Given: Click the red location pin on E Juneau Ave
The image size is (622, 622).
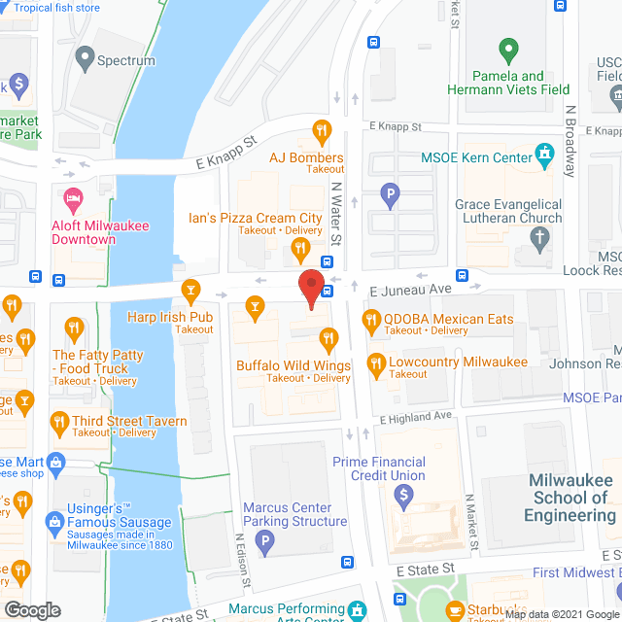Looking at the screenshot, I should pyautogui.click(x=310, y=289).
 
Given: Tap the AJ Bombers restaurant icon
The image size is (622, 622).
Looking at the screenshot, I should pyautogui.click(x=320, y=129).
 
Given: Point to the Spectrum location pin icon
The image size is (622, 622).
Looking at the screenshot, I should pyautogui.click(x=85, y=59).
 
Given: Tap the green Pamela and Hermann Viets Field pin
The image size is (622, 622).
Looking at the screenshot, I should pyautogui.click(x=506, y=48).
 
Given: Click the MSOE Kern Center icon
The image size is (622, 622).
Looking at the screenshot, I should pyautogui.click(x=544, y=156).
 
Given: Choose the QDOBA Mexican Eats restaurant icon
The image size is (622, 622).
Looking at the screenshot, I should pyautogui.click(x=370, y=318).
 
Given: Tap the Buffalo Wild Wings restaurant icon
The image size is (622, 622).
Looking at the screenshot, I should pyautogui.click(x=328, y=339).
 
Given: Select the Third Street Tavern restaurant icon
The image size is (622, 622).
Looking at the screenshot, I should pyautogui.click(x=57, y=422).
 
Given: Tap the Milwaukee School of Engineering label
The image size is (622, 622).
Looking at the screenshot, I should pyautogui.click(x=570, y=498).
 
